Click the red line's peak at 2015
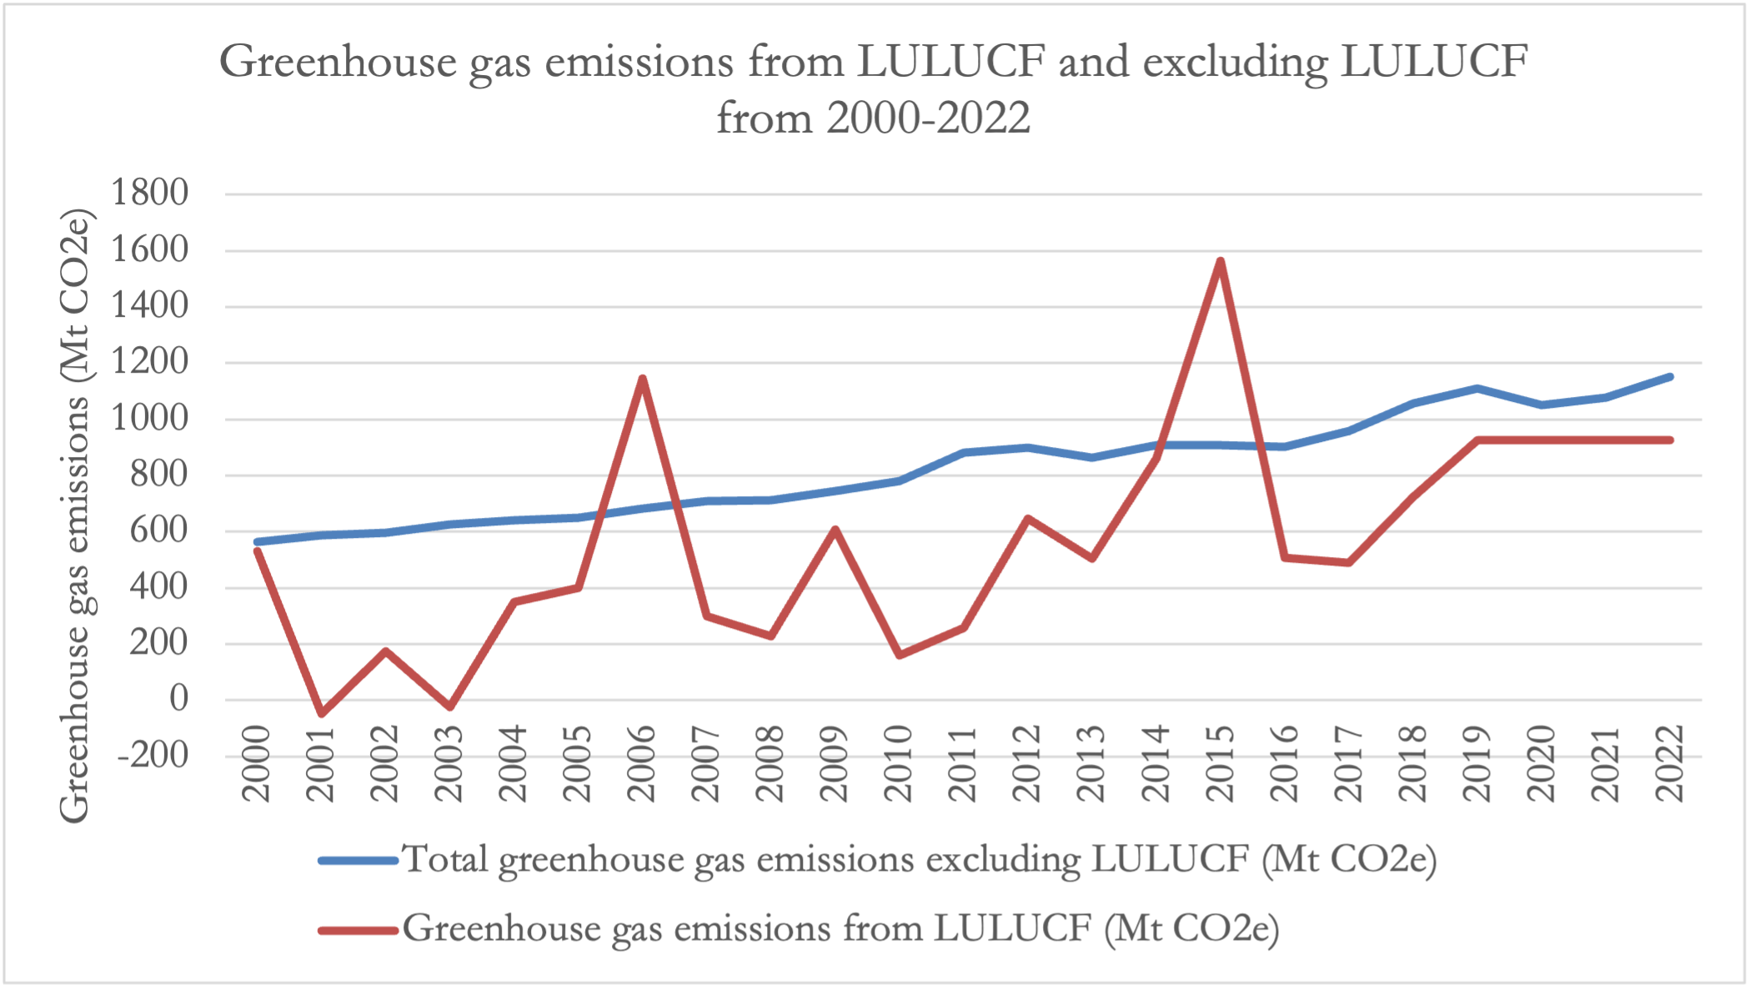coord(1220,261)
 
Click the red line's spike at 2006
coord(642,379)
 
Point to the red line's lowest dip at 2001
coord(321,713)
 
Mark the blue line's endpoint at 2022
coord(1670,377)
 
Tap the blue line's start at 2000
coord(257,542)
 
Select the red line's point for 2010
coord(900,656)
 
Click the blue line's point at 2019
coord(1477,388)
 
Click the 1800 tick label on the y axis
coord(150,193)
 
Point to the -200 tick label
coord(153,756)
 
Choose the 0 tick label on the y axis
coord(178,699)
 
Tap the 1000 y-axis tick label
coord(150,419)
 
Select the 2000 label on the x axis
coord(257,764)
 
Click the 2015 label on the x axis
coord(1220,764)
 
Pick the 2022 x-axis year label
coord(1670,764)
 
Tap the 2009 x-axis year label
coord(835,764)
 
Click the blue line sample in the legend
coord(359,860)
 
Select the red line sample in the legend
coord(359,929)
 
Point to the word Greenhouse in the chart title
coord(338,63)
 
